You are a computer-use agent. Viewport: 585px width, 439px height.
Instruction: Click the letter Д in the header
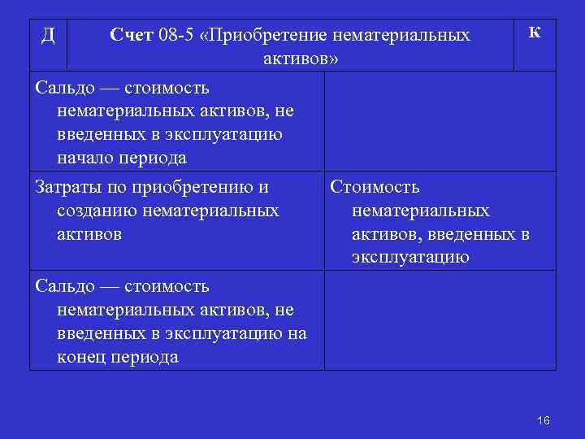pyautogui.click(x=48, y=36)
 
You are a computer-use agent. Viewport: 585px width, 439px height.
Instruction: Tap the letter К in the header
pyautogui.click(x=535, y=33)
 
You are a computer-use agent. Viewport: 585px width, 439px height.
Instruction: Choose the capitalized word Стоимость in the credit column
pyautogui.click(x=375, y=188)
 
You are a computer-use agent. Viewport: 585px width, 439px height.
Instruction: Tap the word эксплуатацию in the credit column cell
pyautogui.click(x=410, y=259)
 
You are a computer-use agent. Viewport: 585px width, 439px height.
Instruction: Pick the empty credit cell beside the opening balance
pyautogui.click(x=440, y=121)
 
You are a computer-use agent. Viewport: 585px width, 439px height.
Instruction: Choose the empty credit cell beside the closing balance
pyautogui.click(x=440, y=322)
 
